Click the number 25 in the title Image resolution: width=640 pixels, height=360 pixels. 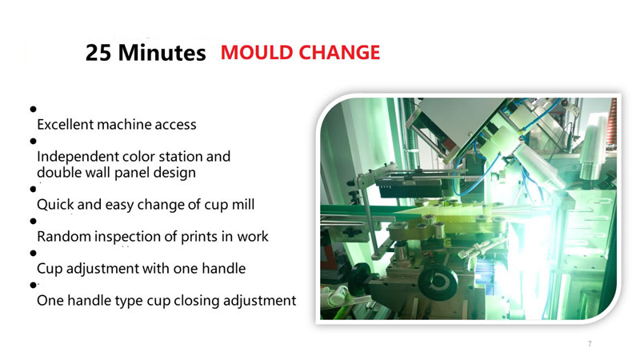coord(98,53)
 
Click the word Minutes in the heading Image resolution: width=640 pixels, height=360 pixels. coord(162,53)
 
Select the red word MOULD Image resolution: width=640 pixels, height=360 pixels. coord(257,53)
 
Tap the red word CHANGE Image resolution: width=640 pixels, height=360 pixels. coord(339,53)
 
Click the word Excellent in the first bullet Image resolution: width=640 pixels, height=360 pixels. coord(65,125)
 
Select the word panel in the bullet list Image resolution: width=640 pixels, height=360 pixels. coord(131,173)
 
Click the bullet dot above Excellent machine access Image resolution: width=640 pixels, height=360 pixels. coord(33,109)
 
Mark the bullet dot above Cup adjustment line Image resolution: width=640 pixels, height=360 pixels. coord(33,253)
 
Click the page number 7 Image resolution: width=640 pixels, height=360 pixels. coord(590,344)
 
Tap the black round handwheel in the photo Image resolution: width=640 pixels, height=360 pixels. coord(437,283)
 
